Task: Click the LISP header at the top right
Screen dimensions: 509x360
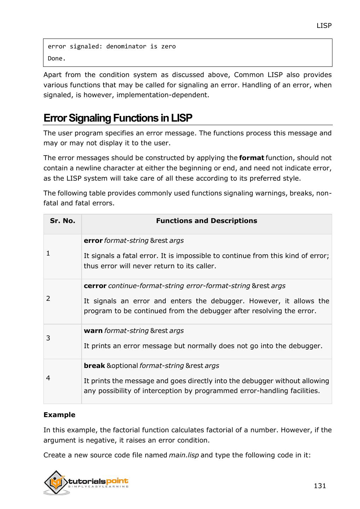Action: point(324,25)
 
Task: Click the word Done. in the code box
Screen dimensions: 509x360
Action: point(57,59)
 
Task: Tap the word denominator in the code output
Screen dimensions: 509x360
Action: point(126,46)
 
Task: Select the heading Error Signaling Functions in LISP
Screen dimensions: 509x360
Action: point(118,118)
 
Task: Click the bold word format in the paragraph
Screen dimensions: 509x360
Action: point(252,158)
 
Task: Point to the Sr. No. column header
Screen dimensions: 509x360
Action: point(63,221)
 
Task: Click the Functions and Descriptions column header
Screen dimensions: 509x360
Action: point(206,221)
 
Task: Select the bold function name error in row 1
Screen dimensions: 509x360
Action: point(93,241)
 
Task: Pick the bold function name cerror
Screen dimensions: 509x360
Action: point(95,286)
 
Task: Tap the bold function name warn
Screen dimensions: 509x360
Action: point(93,331)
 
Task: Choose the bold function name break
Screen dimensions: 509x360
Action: point(94,366)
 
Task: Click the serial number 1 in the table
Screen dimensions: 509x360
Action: point(48,253)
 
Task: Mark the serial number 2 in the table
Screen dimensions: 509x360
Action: point(48,298)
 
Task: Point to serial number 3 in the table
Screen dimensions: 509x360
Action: point(48,338)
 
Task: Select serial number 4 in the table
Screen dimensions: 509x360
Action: point(48,378)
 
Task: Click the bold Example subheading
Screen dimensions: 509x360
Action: point(59,415)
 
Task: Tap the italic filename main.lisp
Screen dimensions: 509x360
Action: point(184,455)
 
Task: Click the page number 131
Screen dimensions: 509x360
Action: point(319,486)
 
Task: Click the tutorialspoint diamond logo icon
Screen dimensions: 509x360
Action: point(56,482)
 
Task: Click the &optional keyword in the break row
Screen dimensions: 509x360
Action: point(122,366)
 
